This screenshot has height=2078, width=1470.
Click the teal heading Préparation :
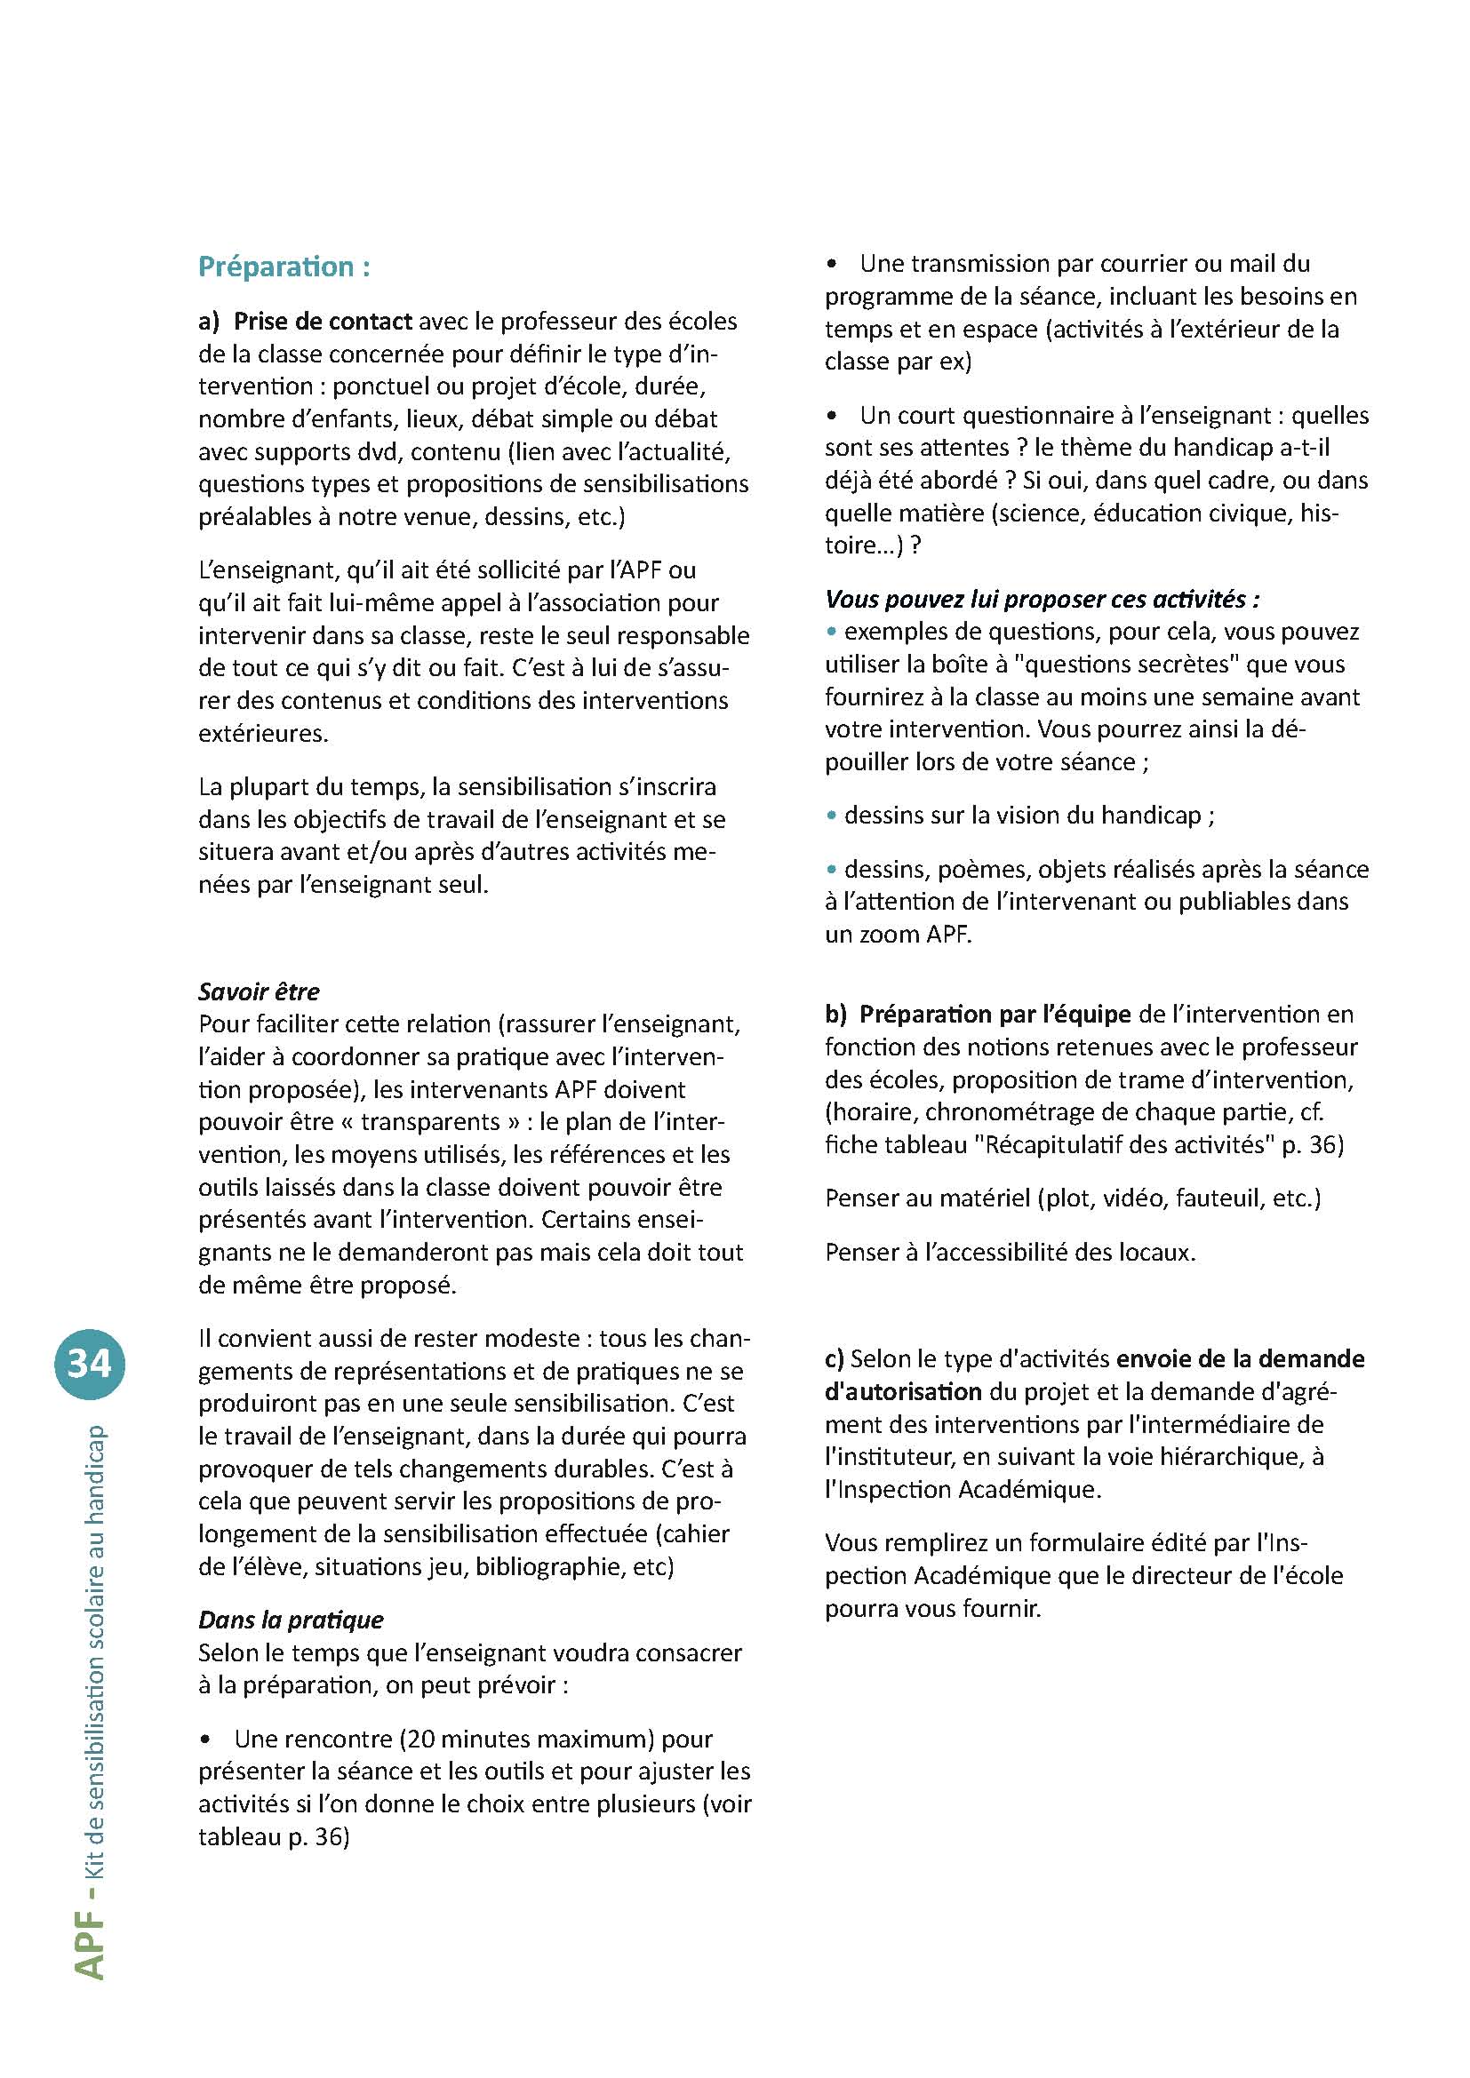tap(284, 267)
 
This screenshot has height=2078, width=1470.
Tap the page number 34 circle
tap(90, 1363)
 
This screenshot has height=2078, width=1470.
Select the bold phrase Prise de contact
tap(323, 322)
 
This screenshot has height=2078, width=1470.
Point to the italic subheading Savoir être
tap(259, 991)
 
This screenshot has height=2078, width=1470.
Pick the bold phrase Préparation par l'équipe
tap(995, 1014)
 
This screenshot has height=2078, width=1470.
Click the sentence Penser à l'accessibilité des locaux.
tap(1011, 1253)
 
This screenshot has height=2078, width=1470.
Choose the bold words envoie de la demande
tap(1240, 1358)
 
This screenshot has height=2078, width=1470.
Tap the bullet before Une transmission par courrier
tap(833, 265)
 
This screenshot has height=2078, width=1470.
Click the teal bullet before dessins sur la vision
tap(831, 816)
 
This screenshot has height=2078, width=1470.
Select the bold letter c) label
tap(835, 1358)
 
